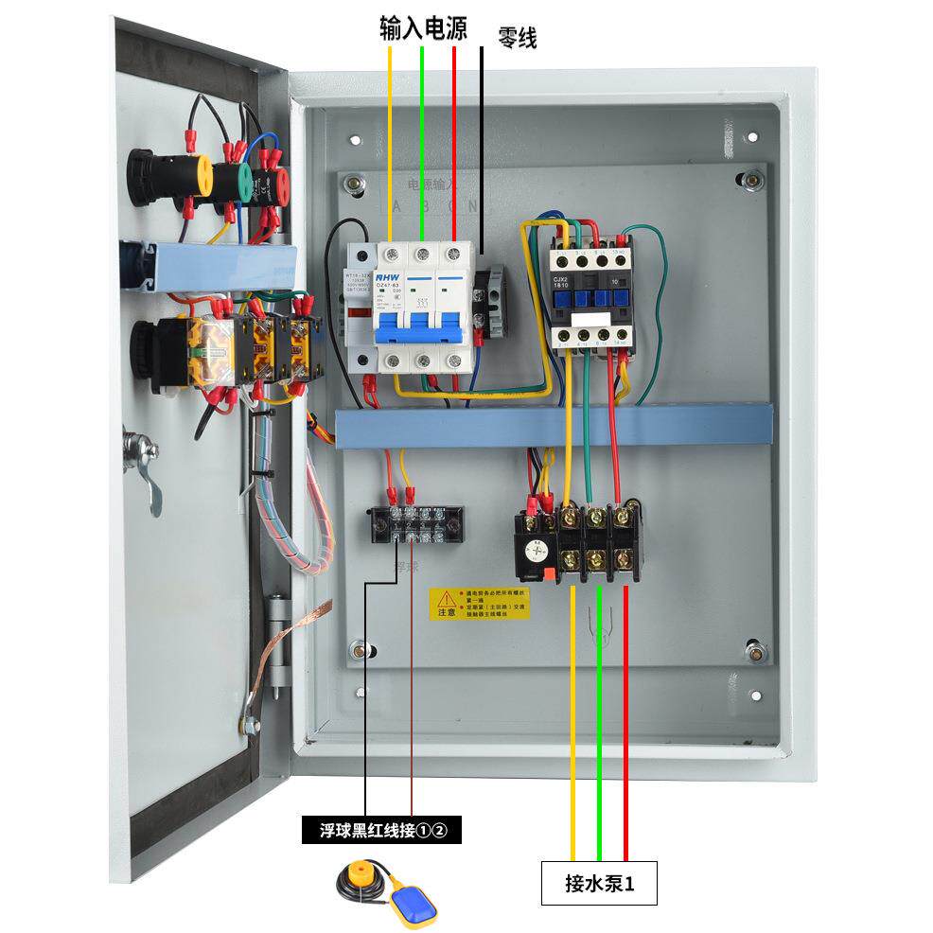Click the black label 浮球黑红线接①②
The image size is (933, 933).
[x=380, y=831]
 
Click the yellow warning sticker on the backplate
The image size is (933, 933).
[x=480, y=603]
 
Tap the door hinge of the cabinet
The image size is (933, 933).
[x=276, y=643]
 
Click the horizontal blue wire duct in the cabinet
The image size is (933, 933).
[x=554, y=426]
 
